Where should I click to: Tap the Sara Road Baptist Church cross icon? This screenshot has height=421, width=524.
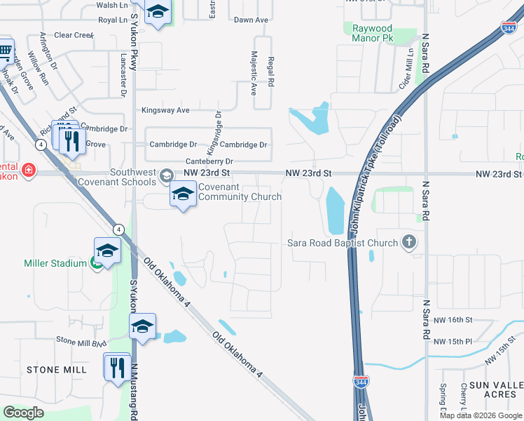click(x=410, y=243)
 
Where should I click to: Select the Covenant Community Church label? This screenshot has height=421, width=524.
click(x=240, y=192)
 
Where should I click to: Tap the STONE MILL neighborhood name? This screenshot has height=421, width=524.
click(x=57, y=369)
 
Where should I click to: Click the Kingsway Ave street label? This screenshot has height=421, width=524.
click(x=165, y=110)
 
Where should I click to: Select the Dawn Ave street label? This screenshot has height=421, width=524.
click(x=251, y=20)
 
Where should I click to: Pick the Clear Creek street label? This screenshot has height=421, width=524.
click(x=74, y=35)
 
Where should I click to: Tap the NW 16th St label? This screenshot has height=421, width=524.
click(x=453, y=320)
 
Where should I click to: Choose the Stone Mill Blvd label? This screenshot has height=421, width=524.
click(x=81, y=340)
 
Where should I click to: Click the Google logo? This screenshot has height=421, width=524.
click(x=23, y=412)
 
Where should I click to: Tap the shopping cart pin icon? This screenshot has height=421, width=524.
click(x=5, y=51)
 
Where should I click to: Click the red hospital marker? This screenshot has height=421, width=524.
click(x=28, y=170)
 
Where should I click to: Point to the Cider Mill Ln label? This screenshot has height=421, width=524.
click(x=411, y=67)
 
